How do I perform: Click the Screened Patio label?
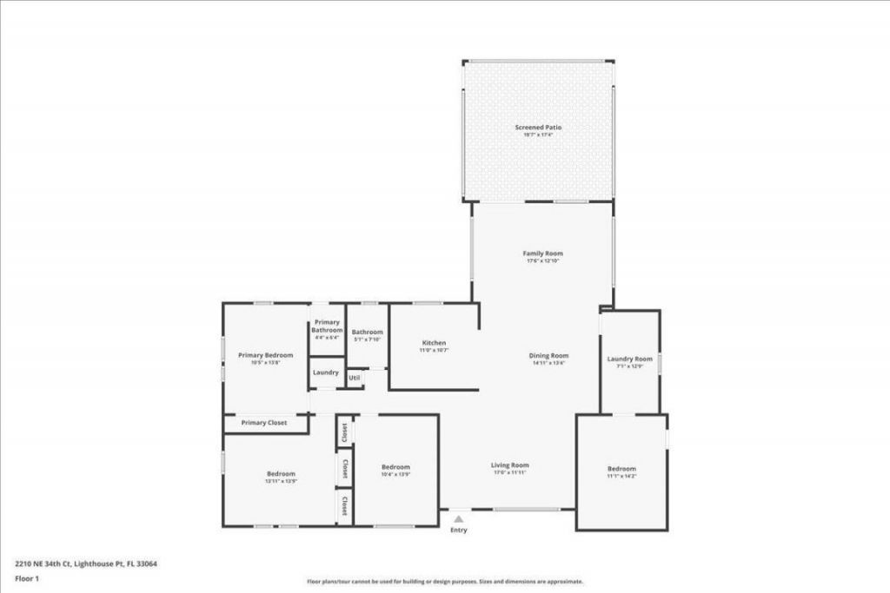tap(538, 128)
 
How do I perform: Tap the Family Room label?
tap(543, 254)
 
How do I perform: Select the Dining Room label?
tap(549, 355)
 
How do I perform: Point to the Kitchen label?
tap(434, 343)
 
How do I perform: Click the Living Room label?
tap(511, 465)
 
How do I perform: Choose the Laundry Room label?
tap(630, 359)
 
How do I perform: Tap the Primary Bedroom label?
tap(266, 355)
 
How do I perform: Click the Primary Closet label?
tap(264, 423)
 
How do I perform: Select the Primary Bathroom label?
tap(328, 326)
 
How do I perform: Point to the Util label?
tap(355, 378)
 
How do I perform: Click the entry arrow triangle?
tap(458, 519)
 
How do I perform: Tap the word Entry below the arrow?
tap(458, 530)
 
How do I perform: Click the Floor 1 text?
tap(28, 577)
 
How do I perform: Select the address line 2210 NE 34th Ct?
tap(86, 563)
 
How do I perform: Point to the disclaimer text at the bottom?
tap(444, 582)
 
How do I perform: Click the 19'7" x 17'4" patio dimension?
tap(538, 135)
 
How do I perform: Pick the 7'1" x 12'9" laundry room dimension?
tap(630, 366)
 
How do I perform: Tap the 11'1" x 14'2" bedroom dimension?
tap(621, 477)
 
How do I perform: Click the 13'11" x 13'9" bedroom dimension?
tap(281, 481)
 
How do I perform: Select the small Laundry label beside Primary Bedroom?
tap(326, 372)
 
